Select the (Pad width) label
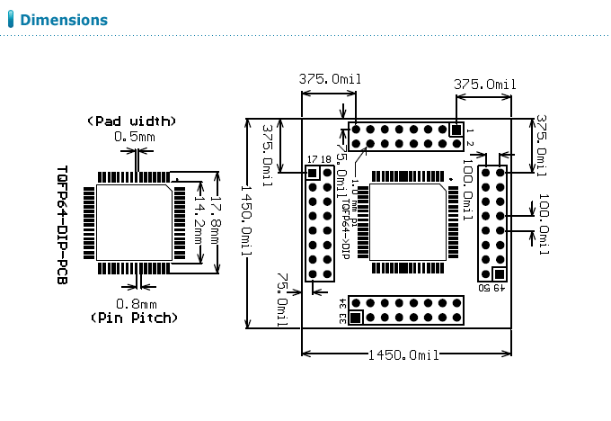tap(131, 121)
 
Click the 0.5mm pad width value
tap(134, 136)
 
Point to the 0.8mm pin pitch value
tap(137, 303)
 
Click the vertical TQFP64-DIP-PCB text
tap(62, 223)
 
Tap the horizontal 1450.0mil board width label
tap(403, 354)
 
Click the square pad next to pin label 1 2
tap(456, 130)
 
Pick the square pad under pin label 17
tap(313, 173)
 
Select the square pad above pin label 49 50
tap(499, 273)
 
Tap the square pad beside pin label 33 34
tap(356, 317)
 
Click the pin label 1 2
tap(471, 137)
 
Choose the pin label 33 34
tap(342, 309)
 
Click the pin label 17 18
tap(318, 159)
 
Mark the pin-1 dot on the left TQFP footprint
tap(176, 180)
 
